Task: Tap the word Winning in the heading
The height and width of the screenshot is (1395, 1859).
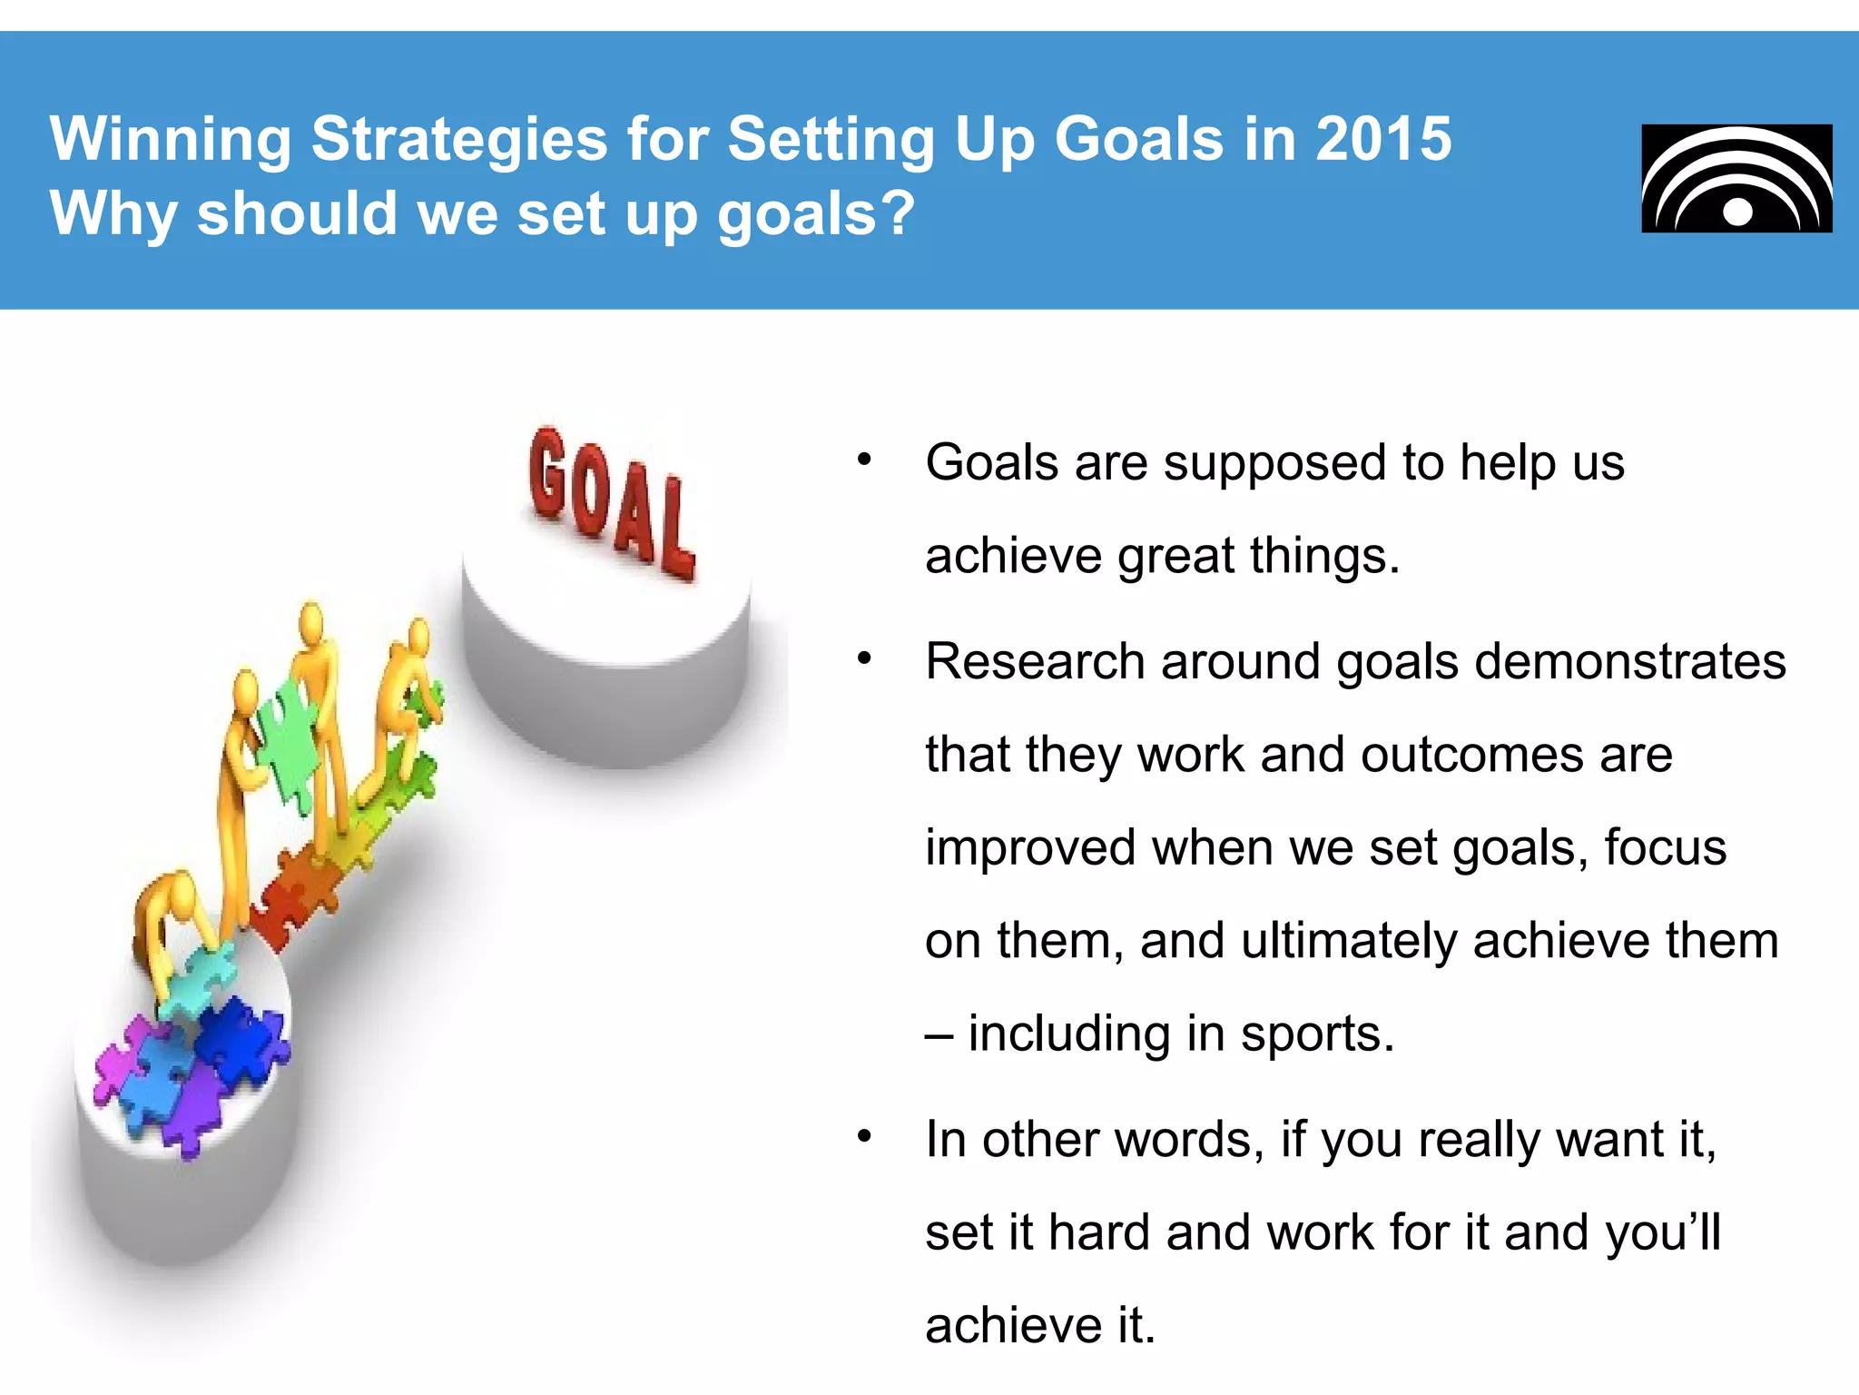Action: click(x=170, y=139)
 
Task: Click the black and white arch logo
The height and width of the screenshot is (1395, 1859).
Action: click(x=1736, y=178)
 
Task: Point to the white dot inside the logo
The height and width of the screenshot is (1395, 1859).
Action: click(x=1737, y=213)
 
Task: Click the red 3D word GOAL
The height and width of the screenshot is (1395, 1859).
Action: click(x=611, y=502)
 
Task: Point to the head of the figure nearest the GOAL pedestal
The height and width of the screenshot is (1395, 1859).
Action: click(x=418, y=633)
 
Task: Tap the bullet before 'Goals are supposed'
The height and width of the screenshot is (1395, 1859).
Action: click(x=864, y=460)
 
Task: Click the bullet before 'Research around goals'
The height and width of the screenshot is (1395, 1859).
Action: click(x=864, y=658)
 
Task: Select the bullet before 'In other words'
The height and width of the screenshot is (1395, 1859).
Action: click(x=864, y=1136)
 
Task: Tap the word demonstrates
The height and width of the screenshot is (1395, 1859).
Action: click(x=1629, y=661)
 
